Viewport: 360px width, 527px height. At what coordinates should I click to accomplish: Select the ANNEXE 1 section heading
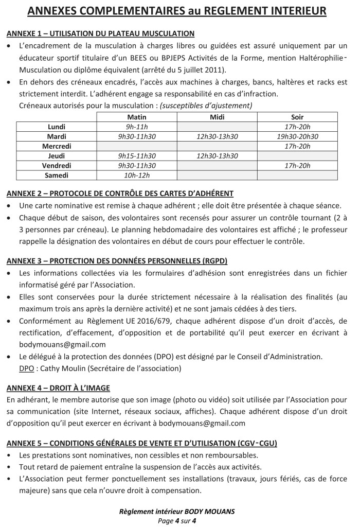coord(100,33)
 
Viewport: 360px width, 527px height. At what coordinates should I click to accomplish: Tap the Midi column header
coord(217,117)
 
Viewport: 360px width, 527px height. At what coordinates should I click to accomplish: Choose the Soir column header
coord(297,117)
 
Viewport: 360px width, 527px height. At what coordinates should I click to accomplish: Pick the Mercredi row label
coord(57,146)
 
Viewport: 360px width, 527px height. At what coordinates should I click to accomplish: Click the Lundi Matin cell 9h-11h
coord(137,127)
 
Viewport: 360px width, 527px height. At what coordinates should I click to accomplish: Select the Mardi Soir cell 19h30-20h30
coord(297,136)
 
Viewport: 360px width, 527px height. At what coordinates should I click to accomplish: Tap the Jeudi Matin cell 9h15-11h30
coord(137,156)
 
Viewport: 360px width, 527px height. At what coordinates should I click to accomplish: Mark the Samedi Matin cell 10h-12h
coord(137,175)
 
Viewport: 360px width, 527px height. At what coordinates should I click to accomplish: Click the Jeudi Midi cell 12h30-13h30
coord(217,156)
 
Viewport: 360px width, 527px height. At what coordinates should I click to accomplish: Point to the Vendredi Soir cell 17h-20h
coord(297,166)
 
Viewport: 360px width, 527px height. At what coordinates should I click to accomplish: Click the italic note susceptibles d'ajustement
coord(206,106)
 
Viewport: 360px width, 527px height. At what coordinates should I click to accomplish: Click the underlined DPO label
coord(26,368)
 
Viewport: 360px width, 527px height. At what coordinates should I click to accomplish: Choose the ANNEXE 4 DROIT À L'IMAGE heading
coord(58,388)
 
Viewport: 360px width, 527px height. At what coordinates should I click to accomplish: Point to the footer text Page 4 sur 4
coord(177,520)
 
